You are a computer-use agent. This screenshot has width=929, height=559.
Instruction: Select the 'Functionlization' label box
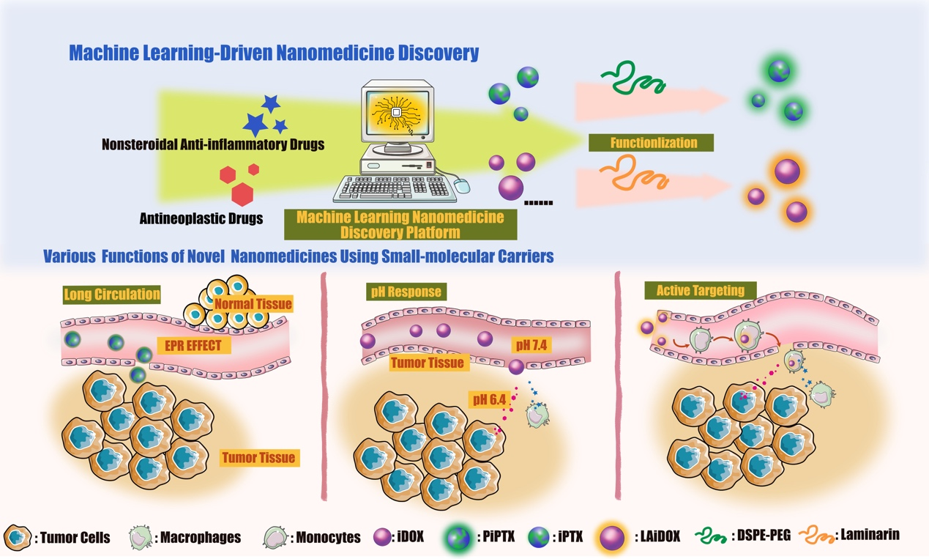pos(651,142)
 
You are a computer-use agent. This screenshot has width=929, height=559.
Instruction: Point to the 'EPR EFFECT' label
pos(194,346)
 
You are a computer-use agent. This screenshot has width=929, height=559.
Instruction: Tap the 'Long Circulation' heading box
pos(111,295)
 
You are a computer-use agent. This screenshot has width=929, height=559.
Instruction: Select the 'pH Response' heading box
pos(405,292)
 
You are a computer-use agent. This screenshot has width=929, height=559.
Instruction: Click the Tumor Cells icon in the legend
pos(18,537)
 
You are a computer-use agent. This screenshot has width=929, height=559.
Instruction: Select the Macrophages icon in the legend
pos(140,537)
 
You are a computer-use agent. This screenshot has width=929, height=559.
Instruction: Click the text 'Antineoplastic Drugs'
pos(201,218)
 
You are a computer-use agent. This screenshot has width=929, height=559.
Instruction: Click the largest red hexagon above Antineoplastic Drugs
pos(242,194)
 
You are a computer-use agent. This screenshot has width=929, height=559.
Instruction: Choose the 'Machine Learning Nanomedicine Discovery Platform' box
pos(400,224)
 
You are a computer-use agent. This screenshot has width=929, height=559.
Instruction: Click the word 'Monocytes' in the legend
pos(328,538)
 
